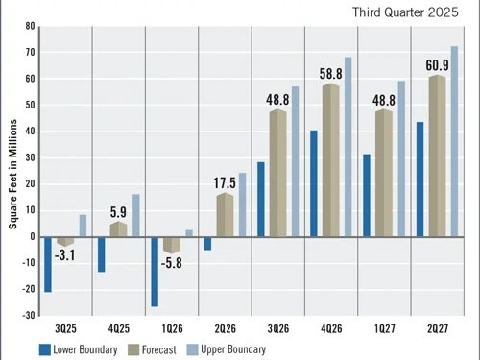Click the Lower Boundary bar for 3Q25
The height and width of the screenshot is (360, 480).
coord(48,264)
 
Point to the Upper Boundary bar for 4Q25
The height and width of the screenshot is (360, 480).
coord(136,216)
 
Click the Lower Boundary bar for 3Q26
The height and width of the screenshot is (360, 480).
coord(261,200)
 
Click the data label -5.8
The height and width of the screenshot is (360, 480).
coord(171,261)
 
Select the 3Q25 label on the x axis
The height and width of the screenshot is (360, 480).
coord(64,327)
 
